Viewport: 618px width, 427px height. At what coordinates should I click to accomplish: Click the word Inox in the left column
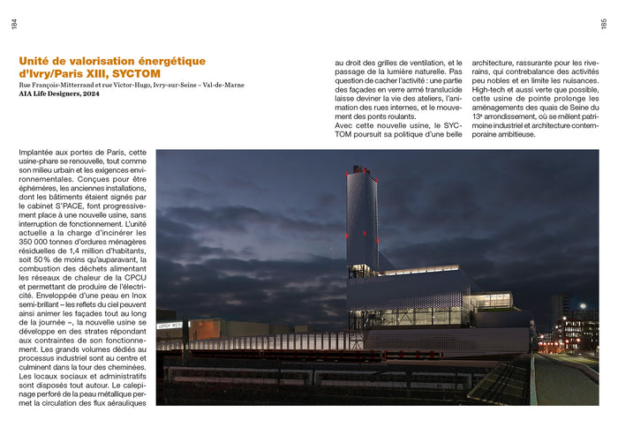click(x=126, y=295)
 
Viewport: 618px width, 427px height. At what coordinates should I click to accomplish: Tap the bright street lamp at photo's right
click(x=583, y=307)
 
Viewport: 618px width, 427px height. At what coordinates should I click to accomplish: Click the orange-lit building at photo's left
click(x=205, y=330)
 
